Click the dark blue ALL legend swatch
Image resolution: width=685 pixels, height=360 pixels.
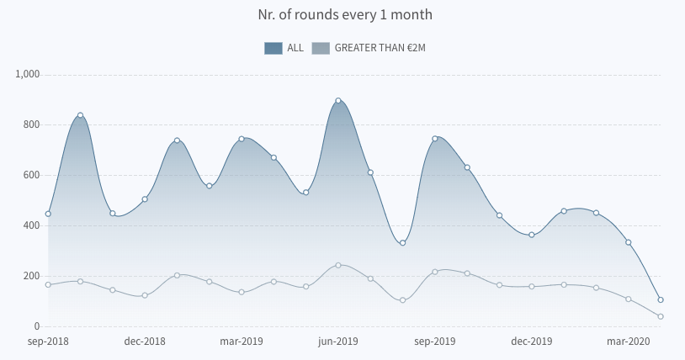273,48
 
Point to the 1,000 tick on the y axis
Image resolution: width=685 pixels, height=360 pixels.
28,74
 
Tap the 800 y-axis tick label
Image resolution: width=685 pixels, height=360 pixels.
32,124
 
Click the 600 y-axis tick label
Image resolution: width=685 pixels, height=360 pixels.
32,175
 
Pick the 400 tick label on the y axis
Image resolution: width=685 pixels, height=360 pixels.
32,225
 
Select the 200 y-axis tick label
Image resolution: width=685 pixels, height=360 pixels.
32,276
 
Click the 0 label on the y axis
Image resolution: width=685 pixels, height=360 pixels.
36,326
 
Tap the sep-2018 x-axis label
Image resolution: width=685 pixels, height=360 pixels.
48,341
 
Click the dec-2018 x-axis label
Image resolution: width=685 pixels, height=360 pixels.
145,341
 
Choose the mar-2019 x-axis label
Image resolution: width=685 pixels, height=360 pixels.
242,341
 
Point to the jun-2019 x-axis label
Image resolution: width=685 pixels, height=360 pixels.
338,341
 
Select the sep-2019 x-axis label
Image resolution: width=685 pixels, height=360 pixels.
435,341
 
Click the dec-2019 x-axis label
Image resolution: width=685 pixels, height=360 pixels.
532,341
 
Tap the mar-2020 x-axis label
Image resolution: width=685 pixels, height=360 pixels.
629,341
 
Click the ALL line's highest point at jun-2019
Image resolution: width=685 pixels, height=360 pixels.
338,101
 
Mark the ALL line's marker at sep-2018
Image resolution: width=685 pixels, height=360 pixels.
48,214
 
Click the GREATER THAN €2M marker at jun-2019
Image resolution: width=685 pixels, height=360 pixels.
338,265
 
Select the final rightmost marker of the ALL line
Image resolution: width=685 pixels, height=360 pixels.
661,299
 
